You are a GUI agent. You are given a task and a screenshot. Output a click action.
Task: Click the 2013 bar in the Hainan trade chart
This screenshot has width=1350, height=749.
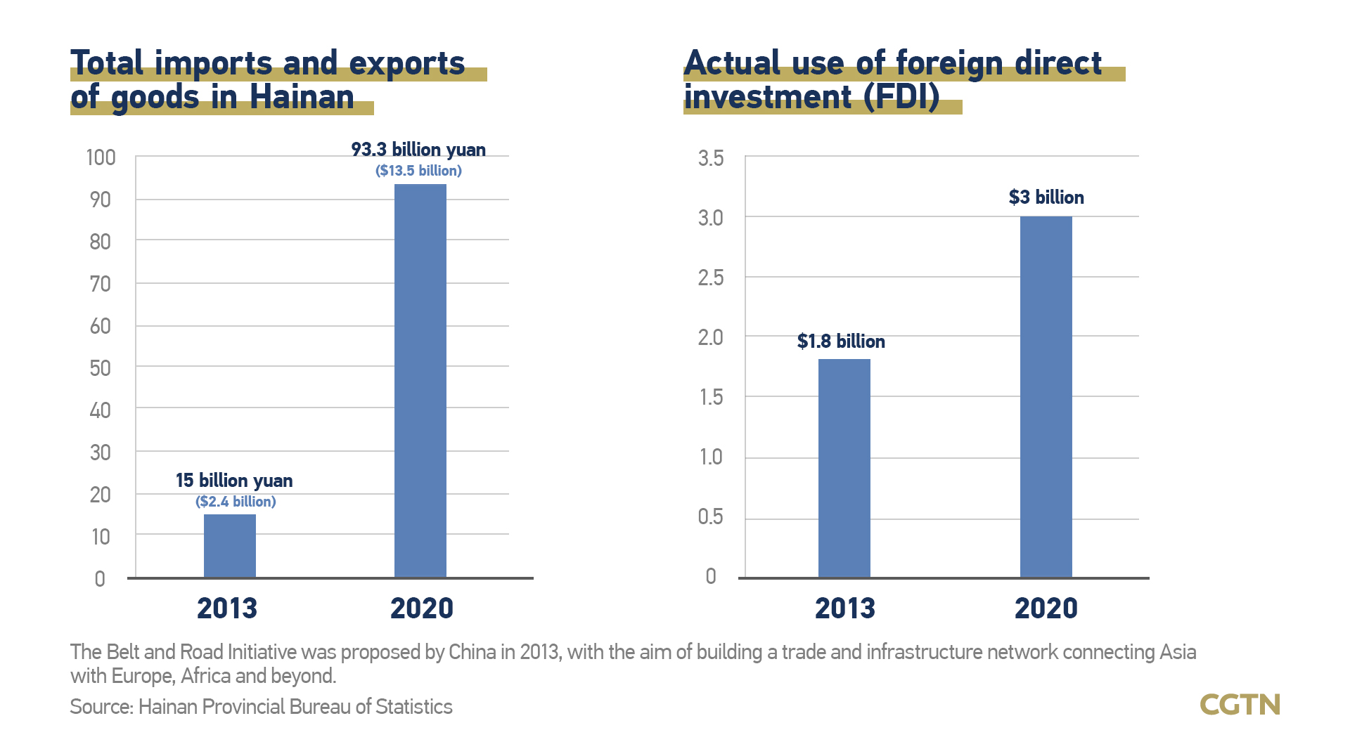(x=229, y=546)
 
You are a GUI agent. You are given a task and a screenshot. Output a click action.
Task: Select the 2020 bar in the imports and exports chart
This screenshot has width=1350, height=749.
(x=420, y=380)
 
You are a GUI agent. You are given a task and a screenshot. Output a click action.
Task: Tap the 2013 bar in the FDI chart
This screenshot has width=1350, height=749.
(x=844, y=468)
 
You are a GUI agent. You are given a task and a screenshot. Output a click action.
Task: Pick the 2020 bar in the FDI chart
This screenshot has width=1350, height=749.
(x=1046, y=397)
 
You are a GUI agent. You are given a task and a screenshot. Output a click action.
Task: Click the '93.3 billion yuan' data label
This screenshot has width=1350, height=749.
(x=418, y=150)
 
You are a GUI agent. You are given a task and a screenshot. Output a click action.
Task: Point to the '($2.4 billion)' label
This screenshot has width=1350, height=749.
(x=236, y=502)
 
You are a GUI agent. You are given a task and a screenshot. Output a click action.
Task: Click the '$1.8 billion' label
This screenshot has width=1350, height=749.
(x=841, y=341)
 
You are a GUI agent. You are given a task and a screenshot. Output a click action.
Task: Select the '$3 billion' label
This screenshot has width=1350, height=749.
(x=1046, y=197)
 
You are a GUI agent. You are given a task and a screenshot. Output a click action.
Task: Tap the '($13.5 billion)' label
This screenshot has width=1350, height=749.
(x=418, y=171)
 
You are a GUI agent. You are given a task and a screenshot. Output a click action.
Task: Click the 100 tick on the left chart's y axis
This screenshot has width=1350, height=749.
(x=101, y=157)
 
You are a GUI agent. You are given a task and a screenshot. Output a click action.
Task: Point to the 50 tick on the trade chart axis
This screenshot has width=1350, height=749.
(x=101, y=368)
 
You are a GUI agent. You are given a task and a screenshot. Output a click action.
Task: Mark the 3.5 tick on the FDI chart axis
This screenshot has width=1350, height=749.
(x=710, y=158)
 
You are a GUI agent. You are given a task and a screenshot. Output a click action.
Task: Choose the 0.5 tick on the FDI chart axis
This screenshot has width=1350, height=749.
(x=710, y=516)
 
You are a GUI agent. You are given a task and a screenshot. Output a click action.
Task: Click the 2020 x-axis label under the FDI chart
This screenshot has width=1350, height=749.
(x=1046, y=608)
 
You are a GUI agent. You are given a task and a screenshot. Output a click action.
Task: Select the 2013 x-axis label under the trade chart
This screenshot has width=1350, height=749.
(x=227, y=608)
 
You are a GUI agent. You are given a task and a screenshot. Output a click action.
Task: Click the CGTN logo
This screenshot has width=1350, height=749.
(x=1240, y=705)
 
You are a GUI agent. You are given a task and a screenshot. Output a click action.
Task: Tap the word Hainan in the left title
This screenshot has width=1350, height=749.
(x=302, y=97)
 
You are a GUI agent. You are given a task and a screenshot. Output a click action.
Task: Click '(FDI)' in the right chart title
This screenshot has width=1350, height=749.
(x=901, y=97)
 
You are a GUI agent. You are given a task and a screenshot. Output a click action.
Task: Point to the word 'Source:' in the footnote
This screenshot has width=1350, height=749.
(x=101, y=707)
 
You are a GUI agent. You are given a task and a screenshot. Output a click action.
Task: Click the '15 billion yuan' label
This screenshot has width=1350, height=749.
(x=234, y=481)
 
